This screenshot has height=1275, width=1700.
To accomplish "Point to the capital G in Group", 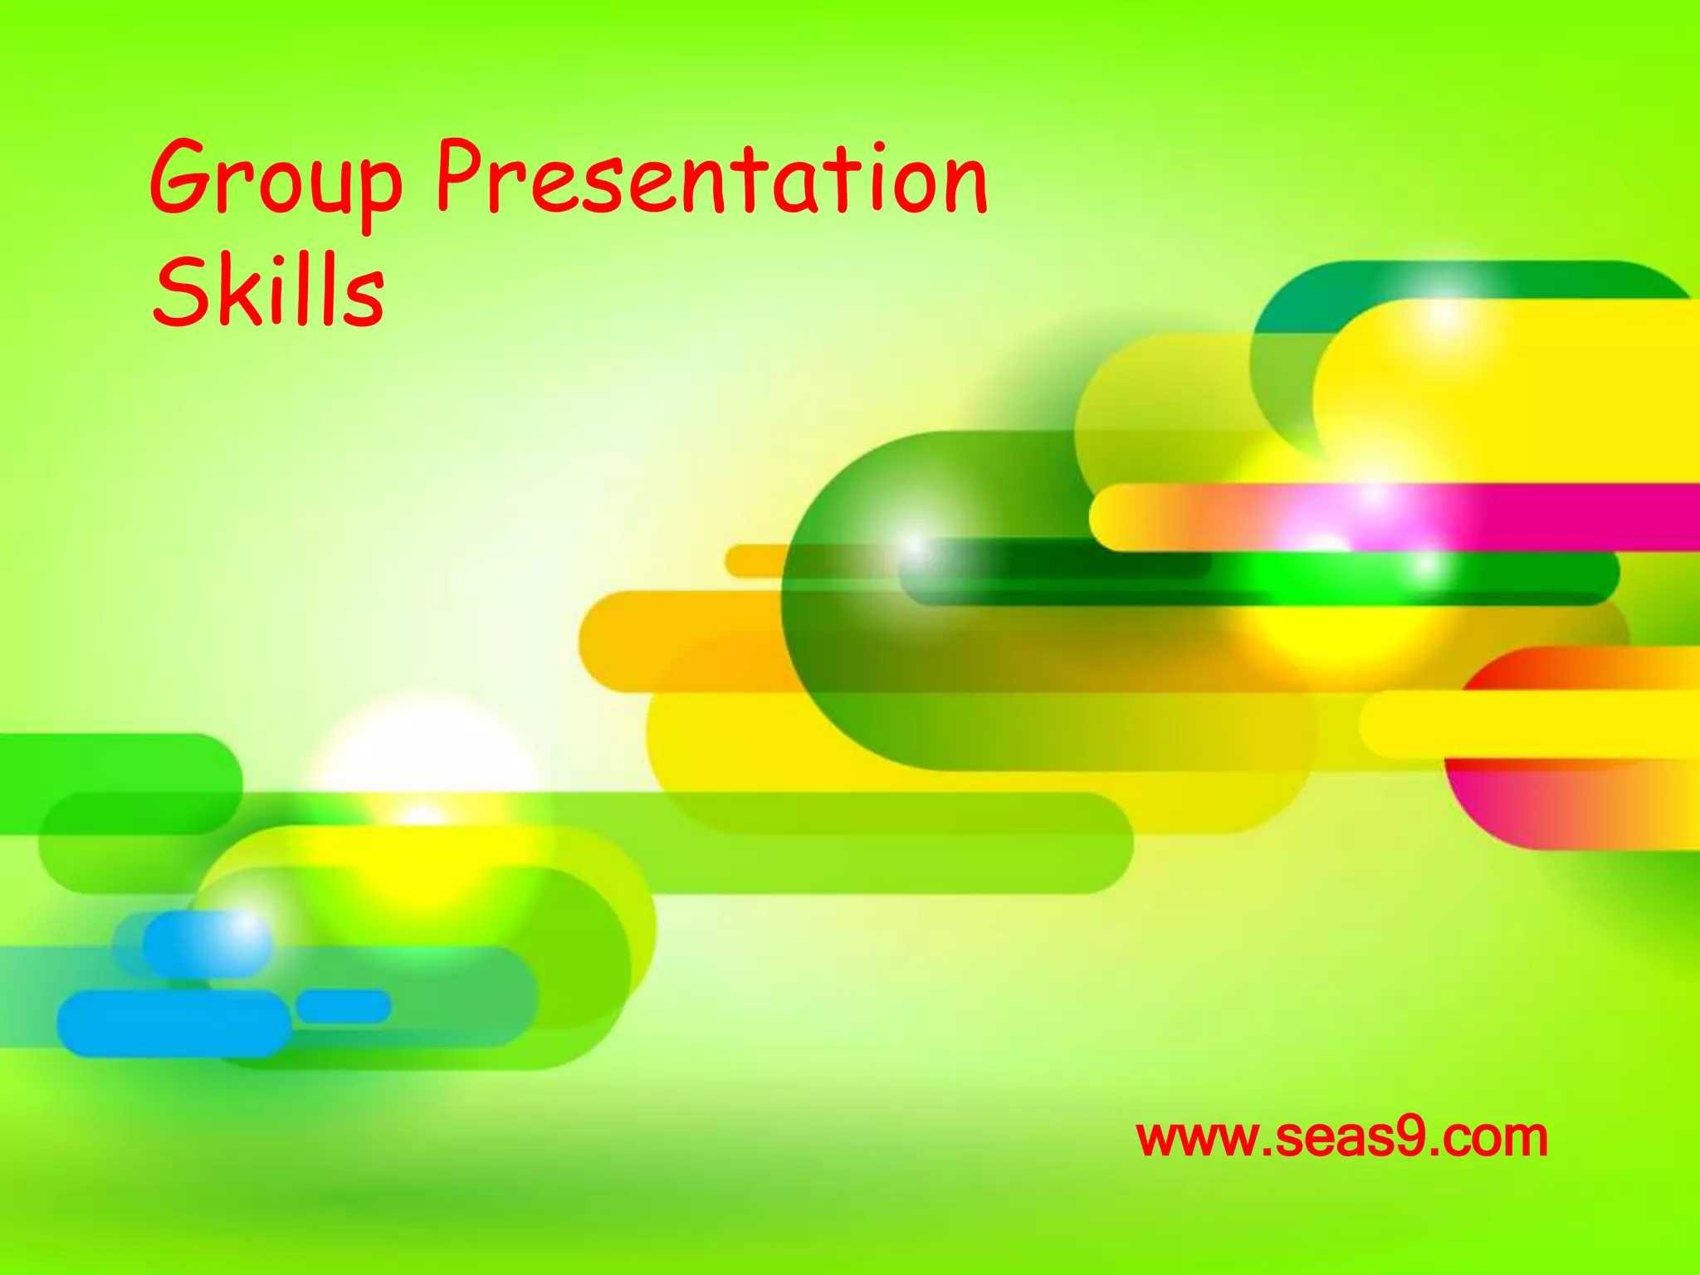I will tap(181, 178).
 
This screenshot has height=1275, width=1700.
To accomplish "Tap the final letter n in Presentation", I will tap(965, 188).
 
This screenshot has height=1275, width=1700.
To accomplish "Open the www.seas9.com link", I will tap(1341, 1137).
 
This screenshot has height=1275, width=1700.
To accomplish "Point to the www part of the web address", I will tap(1194, 1139).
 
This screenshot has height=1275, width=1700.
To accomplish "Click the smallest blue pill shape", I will tap(344, 1006).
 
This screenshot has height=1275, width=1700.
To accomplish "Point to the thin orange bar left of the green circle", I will tap(752, 560).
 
